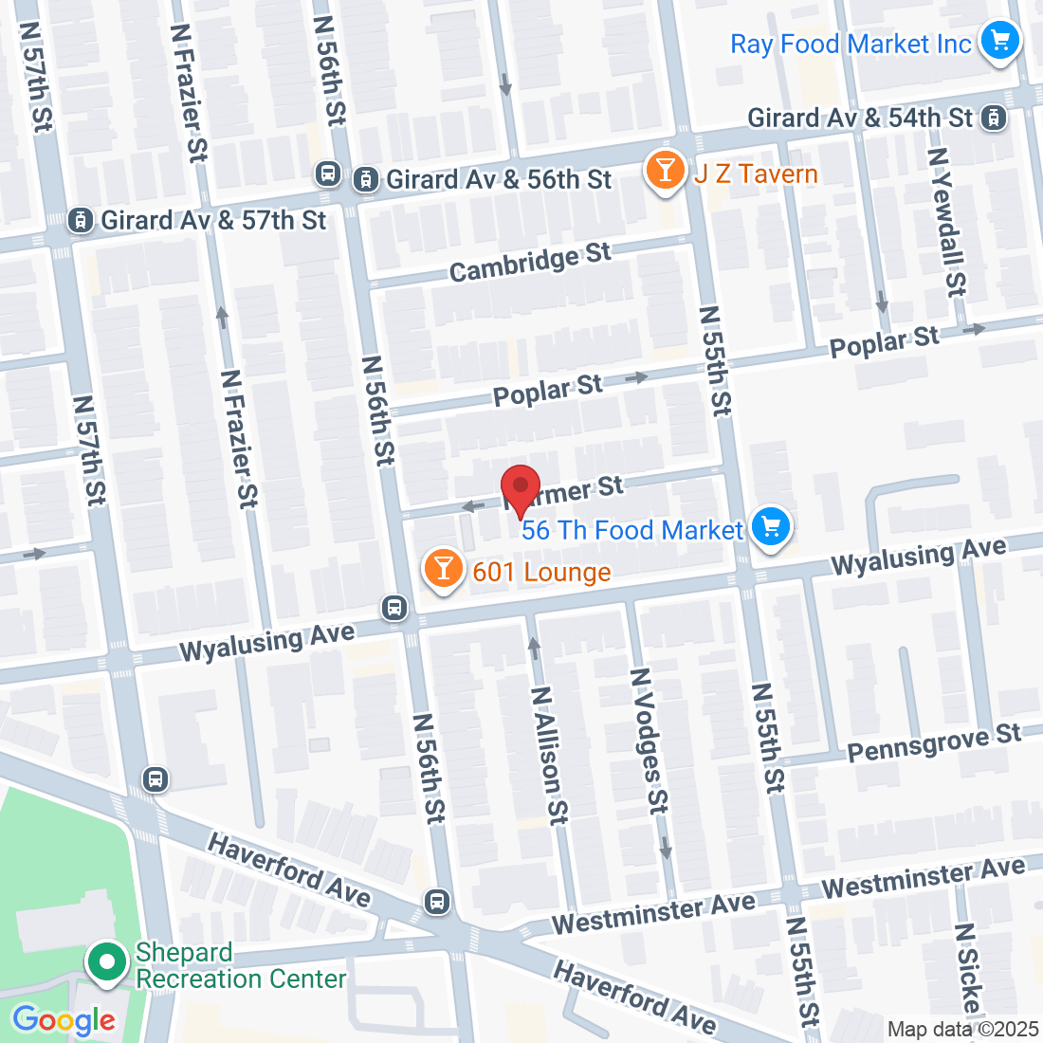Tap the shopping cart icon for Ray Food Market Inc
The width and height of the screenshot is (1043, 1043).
click(x=999, y=41)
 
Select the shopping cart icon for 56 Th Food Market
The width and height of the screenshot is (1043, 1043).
click(x=770, y=526)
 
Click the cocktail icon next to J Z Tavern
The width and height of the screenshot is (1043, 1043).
click(x=666, y=171)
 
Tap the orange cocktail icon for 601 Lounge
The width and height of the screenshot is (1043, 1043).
click(x=442, y=569)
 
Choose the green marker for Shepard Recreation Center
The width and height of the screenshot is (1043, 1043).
click(x=107, y=963)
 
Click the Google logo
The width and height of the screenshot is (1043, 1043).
click(x=64, y=1020)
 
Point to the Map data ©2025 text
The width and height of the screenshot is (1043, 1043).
click(x=963, y=1029)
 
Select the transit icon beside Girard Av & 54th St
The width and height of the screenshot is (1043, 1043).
click(x=994, y=118)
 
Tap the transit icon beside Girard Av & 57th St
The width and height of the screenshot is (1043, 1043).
click(x=82, y=220)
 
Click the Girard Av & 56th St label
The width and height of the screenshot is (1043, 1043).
click(x=498, y=179)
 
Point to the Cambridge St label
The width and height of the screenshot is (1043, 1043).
click(x=530, y=263)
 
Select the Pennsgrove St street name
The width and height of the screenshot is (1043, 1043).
click(x=934, y=742)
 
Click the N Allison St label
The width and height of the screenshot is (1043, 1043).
click(x=549, y=755)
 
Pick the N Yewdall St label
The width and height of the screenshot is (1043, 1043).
click(x=946, y=221)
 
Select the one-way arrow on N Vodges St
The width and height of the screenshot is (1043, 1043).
click(x=666, y=847)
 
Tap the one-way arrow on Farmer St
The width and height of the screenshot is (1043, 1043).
click(x=472, y=506)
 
